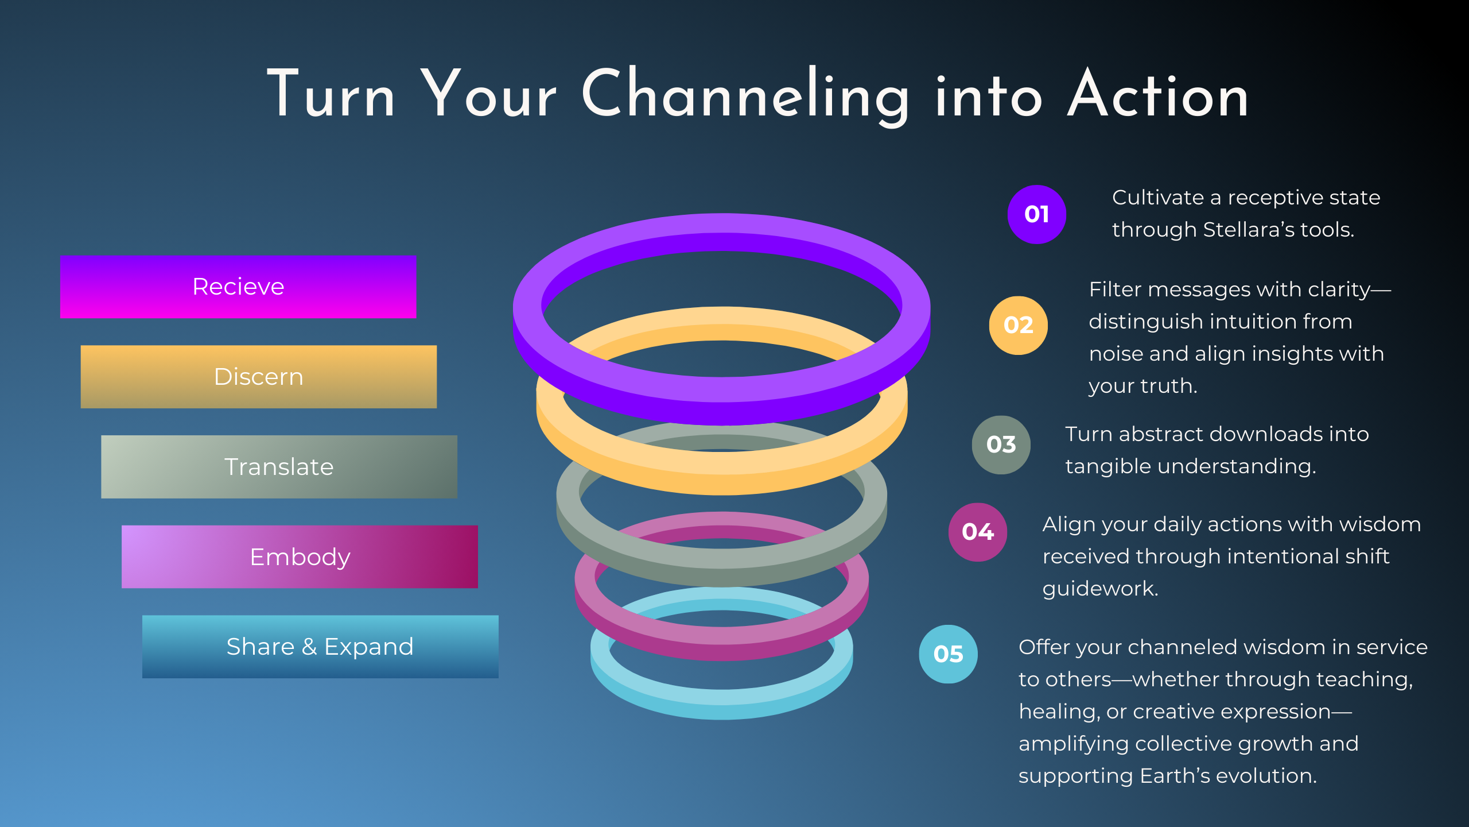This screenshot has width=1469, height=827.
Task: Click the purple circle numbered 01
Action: tap(1036, 214)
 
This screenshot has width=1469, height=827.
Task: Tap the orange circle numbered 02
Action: tap(1018, 325)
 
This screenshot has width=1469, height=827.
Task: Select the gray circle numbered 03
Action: tap(1001, 445)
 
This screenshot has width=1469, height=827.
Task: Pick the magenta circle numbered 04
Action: tap(977, 532)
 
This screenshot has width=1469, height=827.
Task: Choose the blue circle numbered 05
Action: tap(948, 654)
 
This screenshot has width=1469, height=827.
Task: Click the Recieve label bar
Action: tap(238, 287)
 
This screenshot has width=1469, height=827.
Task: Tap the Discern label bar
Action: tap(258, 377)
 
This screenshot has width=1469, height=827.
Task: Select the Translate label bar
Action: tap(279, 466)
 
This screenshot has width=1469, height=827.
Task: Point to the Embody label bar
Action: tap(300, 557)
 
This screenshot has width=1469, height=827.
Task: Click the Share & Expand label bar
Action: tap(320, 647)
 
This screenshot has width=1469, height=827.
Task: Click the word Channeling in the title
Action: tap(745, 95)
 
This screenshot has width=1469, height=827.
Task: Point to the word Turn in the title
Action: tap(331, 95)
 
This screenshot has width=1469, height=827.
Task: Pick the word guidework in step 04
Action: tap(1099, 589)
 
